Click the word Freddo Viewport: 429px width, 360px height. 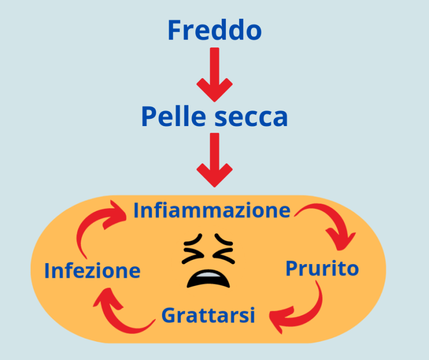point(214,31)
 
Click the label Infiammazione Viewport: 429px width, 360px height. point(211,210)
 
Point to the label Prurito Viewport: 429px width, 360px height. point(322,269)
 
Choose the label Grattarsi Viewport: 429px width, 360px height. point(208,315)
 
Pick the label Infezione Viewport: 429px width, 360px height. point(92,271)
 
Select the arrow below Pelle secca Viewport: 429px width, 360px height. point(214,159)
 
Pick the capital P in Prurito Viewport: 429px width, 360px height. point(292,269)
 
